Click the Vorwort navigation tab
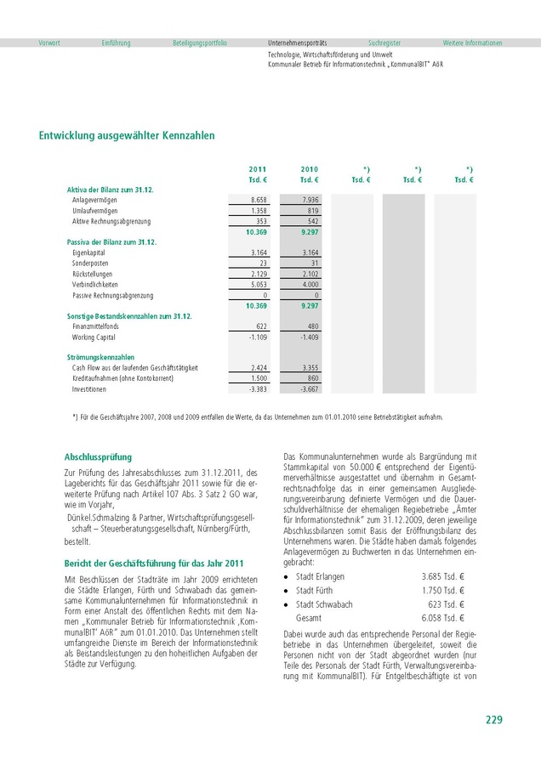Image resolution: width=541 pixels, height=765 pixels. (x=49, y=42)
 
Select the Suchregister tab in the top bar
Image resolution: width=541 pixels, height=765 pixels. (x=384, y=42)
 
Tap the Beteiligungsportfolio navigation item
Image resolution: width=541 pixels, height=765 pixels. (x=200, y=42)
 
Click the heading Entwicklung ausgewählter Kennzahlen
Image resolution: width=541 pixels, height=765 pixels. (x=127, y=135)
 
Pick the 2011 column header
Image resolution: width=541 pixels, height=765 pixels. (x=257, y=170)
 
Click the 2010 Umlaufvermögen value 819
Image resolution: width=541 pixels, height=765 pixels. (x=312, y=210)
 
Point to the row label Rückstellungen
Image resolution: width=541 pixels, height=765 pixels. (x=94, y=274)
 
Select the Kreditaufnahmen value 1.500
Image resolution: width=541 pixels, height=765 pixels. (x=259, y=378)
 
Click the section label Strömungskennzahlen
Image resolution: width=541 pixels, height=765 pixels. (x=100, y=358)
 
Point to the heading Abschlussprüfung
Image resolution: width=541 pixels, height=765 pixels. (x=99, y=457)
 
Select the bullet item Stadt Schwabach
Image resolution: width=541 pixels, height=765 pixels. (x=324, y=603)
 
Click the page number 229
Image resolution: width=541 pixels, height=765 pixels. (x=493, y=720)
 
